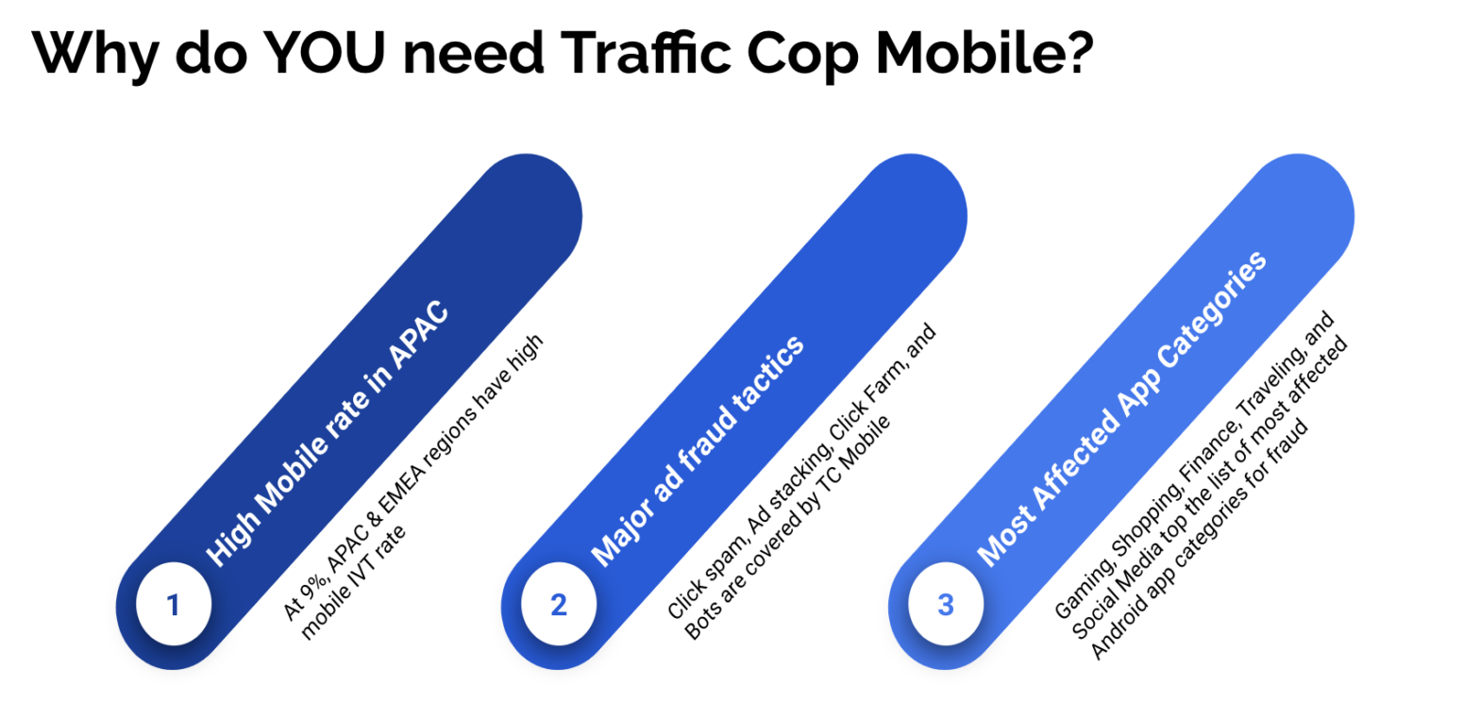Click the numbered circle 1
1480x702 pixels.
click(x=172, y=606)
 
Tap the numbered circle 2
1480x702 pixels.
click(x=559, y=606)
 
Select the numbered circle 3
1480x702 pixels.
click(x=946, y=606)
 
